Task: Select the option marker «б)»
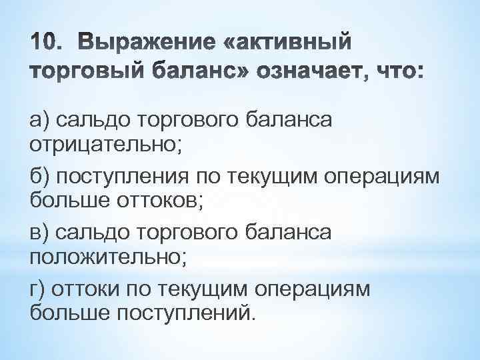tap(41, 177)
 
